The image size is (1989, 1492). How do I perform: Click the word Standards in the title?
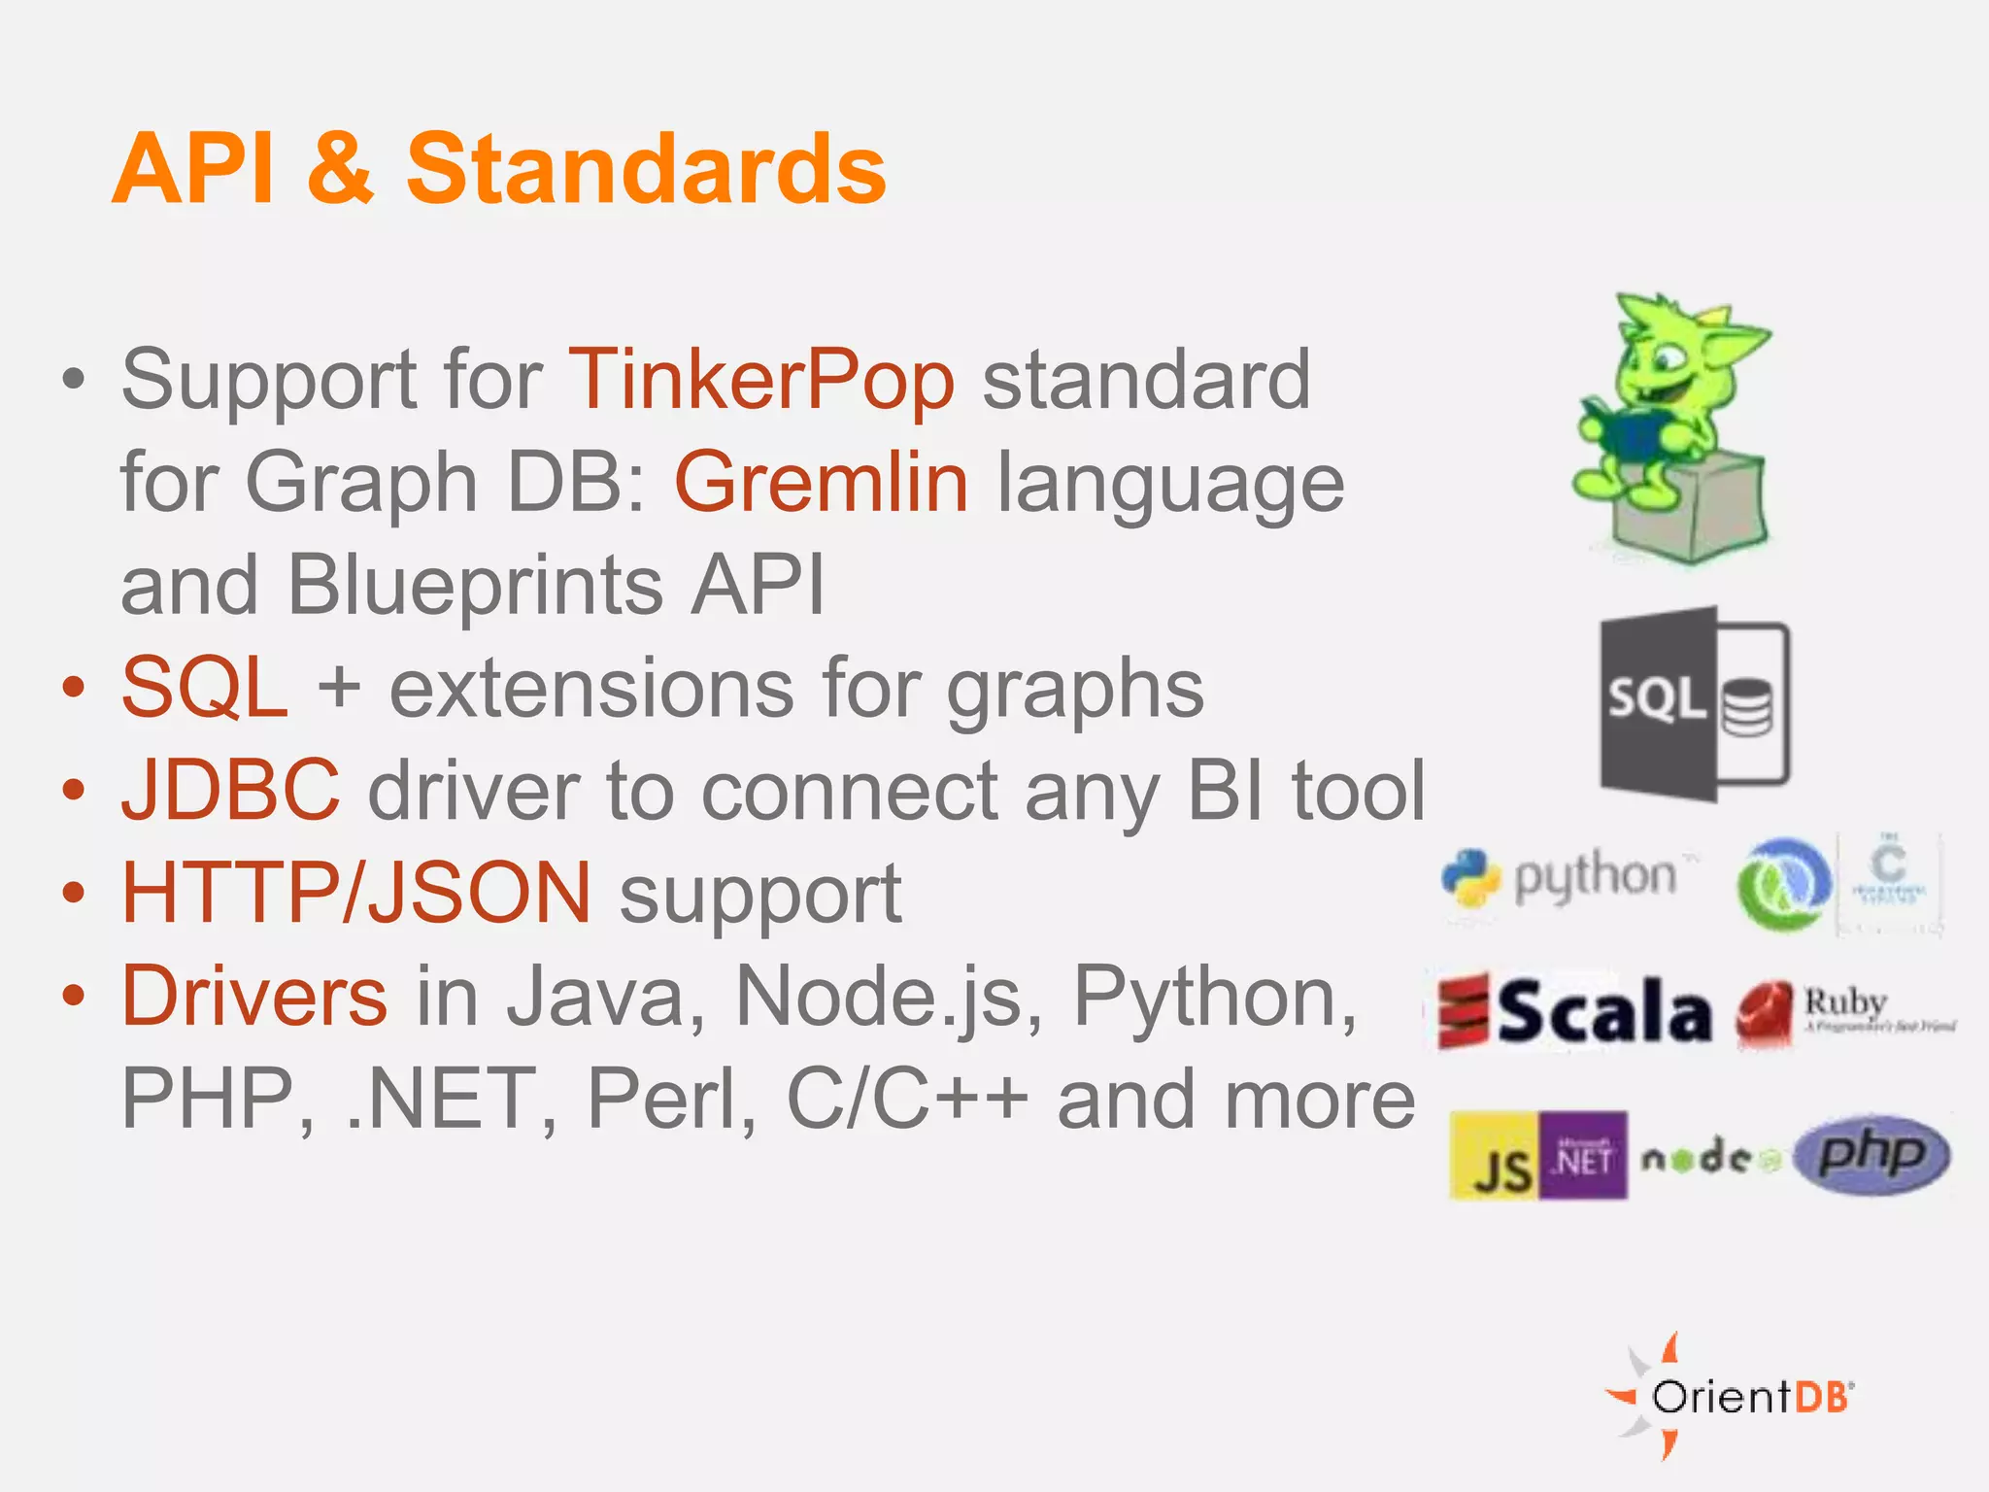coord(646,169)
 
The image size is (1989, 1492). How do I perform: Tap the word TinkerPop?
coord(761,380)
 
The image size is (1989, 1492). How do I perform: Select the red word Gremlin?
coord(822,483)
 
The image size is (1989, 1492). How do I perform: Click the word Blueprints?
coord(475,585)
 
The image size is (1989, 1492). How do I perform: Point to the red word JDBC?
coord(230,791)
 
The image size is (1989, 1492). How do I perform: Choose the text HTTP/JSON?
coord(355,893)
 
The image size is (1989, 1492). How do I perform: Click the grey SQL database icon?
coord(1695,703)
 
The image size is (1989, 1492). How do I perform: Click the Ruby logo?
coord(1843,1012)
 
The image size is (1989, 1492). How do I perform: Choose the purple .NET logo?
coord(1583,1156)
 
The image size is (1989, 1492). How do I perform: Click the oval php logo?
coord(1871,1154)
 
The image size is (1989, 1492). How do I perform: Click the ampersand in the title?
coord(340,169)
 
